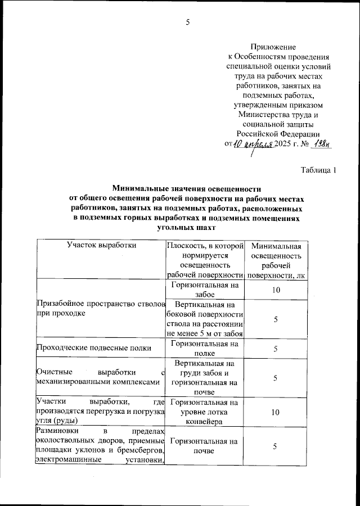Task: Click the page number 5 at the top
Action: [x=188, y=22]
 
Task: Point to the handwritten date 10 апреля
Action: [x=252, y=144]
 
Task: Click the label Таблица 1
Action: [x=318, y=170]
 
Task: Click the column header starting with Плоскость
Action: [x=205, y=260]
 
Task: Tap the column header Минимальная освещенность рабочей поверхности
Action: [x=276, y=260]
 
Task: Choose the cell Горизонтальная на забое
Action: [x=205, y=289]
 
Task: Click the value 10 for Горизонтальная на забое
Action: [x=276, y=290]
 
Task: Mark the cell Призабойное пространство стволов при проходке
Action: [x=100, y=309]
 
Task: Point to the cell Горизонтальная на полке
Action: [x=205, y=348]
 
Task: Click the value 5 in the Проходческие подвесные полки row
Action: [x=276, y=349]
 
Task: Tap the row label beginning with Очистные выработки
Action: [x=100, y=378]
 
